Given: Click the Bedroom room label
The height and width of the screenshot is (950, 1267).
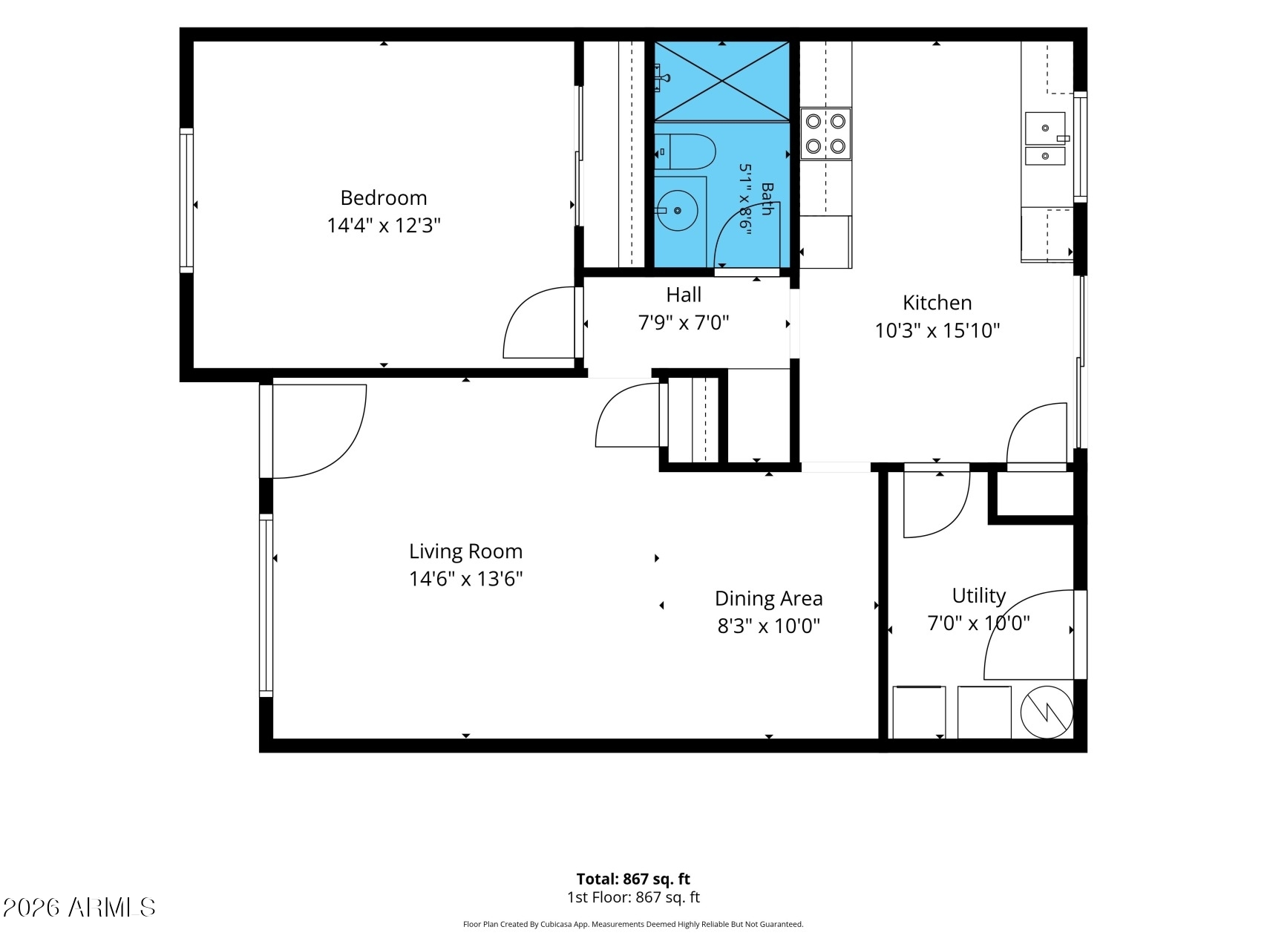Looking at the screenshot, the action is coord(384,197).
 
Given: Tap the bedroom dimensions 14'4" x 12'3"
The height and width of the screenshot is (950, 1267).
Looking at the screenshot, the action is coord(384,225).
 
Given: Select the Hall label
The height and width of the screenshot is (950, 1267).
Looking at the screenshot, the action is coord(684,295).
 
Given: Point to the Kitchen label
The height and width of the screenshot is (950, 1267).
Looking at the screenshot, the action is coord(937,302).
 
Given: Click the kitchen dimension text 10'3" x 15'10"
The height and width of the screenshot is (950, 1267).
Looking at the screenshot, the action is coord(937,330).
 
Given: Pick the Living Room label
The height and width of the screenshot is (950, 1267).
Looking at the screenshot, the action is coord(465,551).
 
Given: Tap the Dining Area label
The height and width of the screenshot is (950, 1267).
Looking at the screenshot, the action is coord(768,598).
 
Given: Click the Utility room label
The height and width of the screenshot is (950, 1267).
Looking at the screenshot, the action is coord(978,596).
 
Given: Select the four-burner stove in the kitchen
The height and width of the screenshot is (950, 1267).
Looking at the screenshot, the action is coord(825,134).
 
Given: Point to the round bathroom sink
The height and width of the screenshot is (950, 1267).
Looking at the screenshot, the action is coord(678,211).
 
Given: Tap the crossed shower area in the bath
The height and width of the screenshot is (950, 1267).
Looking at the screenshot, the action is coord(721,81).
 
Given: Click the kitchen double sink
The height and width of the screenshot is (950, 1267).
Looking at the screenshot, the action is coord(1045,139).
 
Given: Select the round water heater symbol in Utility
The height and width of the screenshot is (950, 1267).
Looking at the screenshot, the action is coord(1047,712).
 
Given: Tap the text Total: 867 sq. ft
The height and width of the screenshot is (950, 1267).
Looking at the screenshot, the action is coord(633,879).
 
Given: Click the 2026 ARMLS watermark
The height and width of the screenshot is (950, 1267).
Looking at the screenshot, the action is coord(79,907).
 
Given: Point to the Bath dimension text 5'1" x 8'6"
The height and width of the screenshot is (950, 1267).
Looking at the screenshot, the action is coord(746,200).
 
